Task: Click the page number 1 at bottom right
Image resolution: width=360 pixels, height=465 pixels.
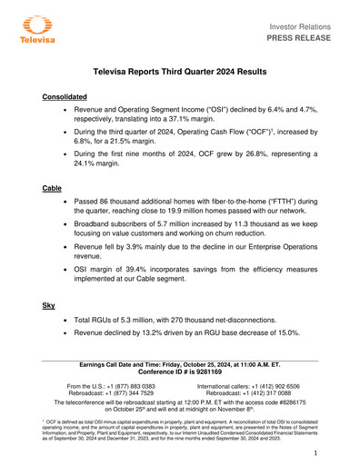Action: [312, 451]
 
